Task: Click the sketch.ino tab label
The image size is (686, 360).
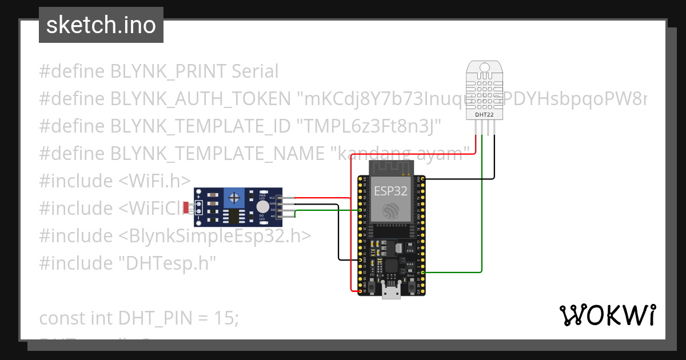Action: tap(101, 25)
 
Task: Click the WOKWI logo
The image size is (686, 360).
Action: tap(607, 315)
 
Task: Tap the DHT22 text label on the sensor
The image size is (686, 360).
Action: tap(484, 115)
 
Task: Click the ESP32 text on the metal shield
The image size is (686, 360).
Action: tap(390, 191)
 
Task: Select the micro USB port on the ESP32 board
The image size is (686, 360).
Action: tap(391, 293)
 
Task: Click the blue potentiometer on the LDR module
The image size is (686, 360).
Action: tap(233, 198)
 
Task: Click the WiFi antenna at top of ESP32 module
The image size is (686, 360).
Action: tap(391, 167)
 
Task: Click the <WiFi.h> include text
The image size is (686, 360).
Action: tap(154, 181)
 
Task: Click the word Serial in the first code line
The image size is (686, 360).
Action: tap(255, 71)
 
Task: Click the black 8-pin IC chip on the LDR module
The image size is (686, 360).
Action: tap(234, 217)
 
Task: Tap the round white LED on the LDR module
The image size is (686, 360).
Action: tap(262, 207)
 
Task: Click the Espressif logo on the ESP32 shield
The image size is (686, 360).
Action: tap(391, 210)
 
